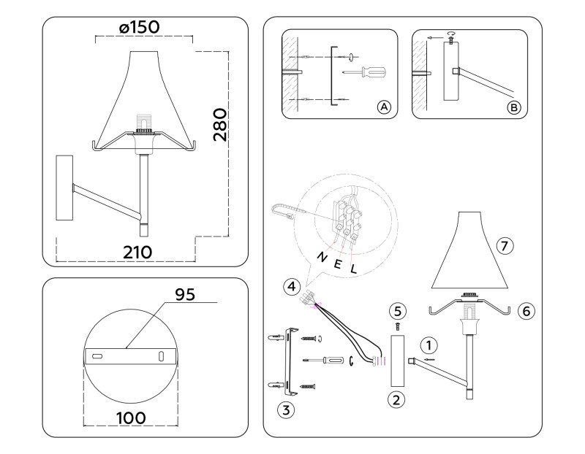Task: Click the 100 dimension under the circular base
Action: pos(130,418)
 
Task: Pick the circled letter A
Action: pos(383,107)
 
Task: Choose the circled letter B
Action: pos(514,107)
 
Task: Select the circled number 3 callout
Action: pos(287,409)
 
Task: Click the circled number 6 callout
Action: pos(524,310)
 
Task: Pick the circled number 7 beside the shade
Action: pos(503,245)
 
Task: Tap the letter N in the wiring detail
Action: pos(320,256)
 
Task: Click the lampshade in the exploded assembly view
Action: pos(467,252)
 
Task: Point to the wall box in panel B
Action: pos(450,72)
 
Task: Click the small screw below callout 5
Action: pos(397,326)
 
